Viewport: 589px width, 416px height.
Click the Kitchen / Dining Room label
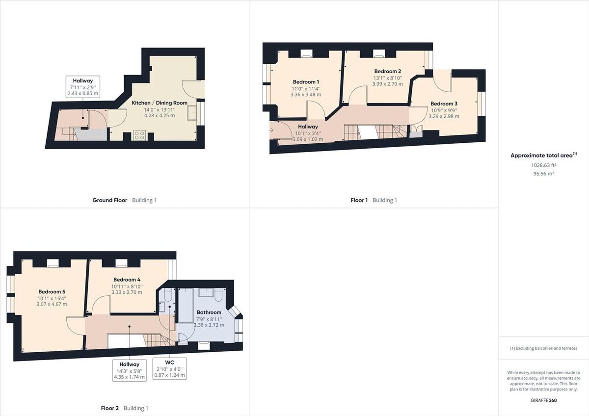click(160, 103)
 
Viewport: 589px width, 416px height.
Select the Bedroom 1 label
click(306, 81)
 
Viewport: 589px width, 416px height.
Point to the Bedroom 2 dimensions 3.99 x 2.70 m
click(388, 84)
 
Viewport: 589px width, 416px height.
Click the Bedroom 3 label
click(444, 104)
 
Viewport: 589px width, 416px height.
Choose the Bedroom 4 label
click(127, 280)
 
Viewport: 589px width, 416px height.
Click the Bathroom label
click(209, 312)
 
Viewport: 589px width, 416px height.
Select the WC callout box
click(169, 368)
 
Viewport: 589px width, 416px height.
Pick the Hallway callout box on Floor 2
click(130, 370)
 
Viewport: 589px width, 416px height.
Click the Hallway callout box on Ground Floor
click(82, 87)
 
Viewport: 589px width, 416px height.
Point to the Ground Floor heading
click(110, 200)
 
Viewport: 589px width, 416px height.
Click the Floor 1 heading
click(359, 200)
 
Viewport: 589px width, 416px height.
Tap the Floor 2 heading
click(110, 408)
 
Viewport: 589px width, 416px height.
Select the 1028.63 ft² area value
click(544, 165)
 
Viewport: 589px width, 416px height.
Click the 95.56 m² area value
click(544, 174)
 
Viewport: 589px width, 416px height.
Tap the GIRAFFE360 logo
click(544, 400)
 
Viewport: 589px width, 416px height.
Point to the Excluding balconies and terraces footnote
click(544, 348)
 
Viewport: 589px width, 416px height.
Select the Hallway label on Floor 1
click(308, 127)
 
